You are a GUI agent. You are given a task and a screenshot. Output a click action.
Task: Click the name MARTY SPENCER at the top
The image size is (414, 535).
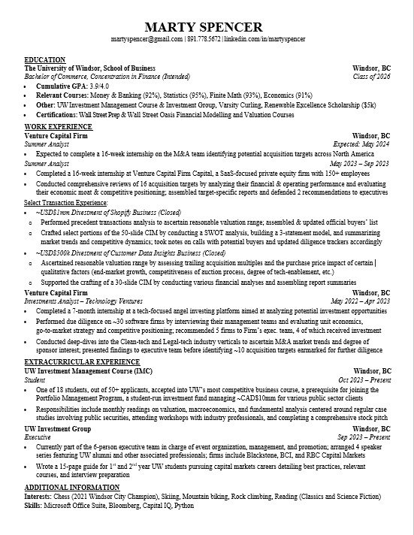tap(206, 28)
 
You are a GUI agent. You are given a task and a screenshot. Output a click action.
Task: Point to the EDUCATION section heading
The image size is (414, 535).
tap(44, 59)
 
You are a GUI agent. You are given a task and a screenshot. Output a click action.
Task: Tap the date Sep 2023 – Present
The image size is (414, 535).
tap(364, 437)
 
